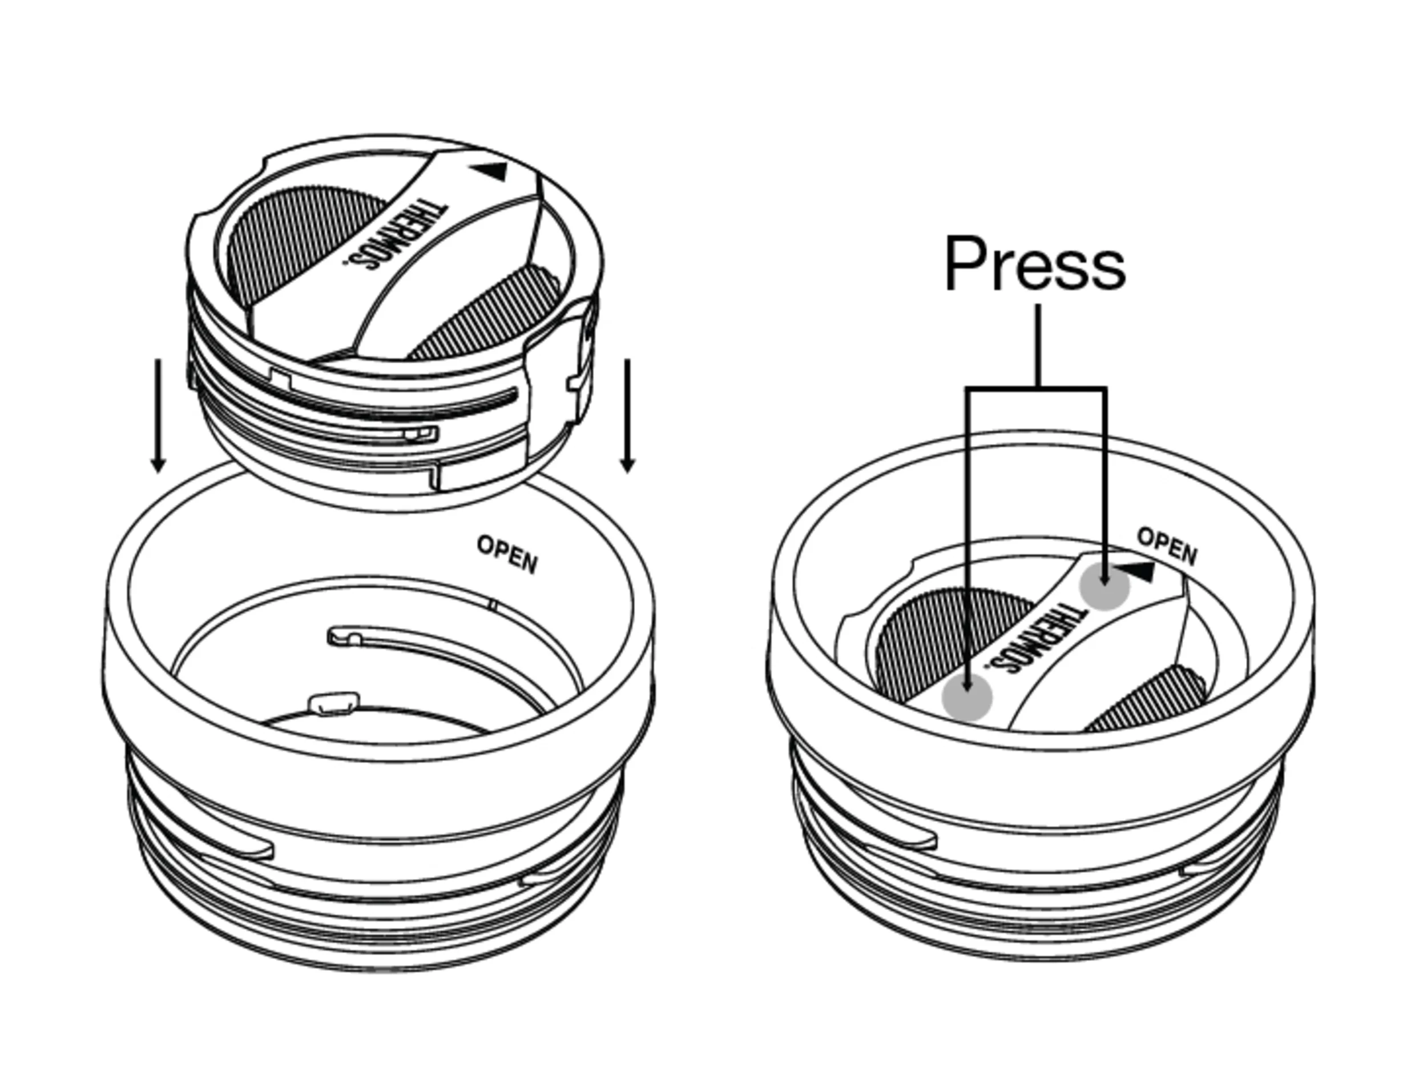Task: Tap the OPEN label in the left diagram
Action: click(x=507, y=554)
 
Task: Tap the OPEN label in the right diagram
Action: click(x=1167, y=546)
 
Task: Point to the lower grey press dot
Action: click(x=966, y=696)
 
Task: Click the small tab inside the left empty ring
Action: click(x=333, y=703)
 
